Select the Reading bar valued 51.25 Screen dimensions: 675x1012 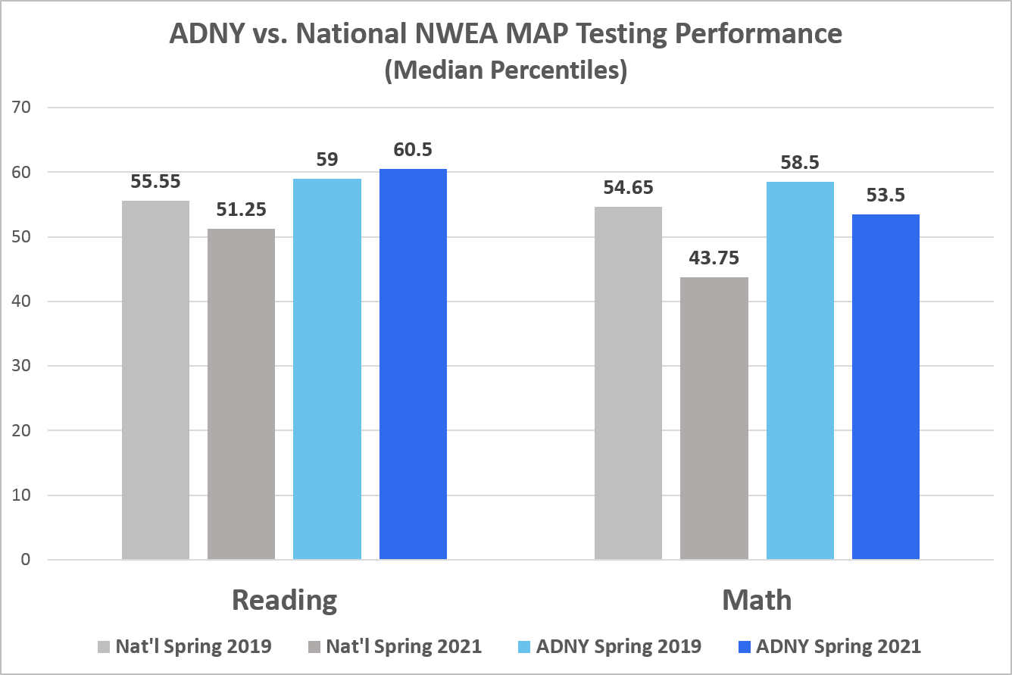click(x=241, y=394)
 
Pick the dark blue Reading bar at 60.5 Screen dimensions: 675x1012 click(x=413, y=364)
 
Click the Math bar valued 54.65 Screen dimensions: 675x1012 click(x=628, y=383)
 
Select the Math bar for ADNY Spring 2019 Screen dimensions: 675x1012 click(x=800, y=370)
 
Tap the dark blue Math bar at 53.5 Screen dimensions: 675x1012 click(x=885, y=387)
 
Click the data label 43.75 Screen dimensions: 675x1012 click(x=714, y=258)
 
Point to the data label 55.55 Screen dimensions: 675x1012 click(x=155, y=182)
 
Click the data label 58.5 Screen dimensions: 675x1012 click(x=800, y=163)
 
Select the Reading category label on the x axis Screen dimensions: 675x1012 click(x=284, y=600)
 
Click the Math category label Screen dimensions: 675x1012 click(x=757, y=600)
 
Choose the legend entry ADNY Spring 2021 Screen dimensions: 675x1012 click(x=839, y=646)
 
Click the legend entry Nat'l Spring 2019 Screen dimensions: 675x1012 click(x=193, y=646)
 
